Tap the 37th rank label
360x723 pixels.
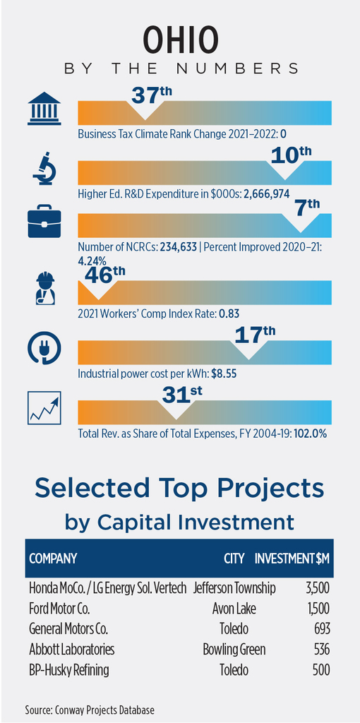pos(152,94)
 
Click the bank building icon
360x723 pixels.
pos(44,108)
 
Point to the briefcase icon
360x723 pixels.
pos(44,221)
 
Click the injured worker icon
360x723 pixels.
pos(45,288)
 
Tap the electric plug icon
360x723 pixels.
pos(44,349)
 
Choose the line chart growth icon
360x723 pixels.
pos(44,408)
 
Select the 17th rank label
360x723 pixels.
pos(254,334)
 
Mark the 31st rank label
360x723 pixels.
pos(183,395)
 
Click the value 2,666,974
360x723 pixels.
pos(263,193)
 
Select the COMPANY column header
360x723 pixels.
pos(52,559)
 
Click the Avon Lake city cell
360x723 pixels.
pos(234,609)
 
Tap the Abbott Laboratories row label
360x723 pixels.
pos(71,650)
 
